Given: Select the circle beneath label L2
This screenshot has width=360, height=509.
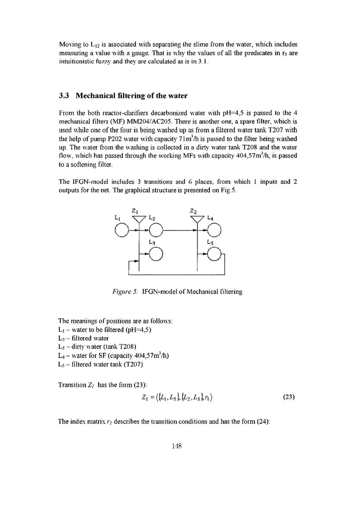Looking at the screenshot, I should (156, 230).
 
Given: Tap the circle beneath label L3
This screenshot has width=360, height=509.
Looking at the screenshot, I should (156, 254).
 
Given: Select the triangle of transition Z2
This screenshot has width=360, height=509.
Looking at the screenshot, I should (197, 219).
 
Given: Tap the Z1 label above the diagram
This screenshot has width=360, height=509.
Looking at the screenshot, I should (135, 210).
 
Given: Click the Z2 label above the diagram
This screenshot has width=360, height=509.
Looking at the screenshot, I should (193, 210).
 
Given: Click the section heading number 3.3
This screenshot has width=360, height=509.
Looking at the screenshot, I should (65, 96).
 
